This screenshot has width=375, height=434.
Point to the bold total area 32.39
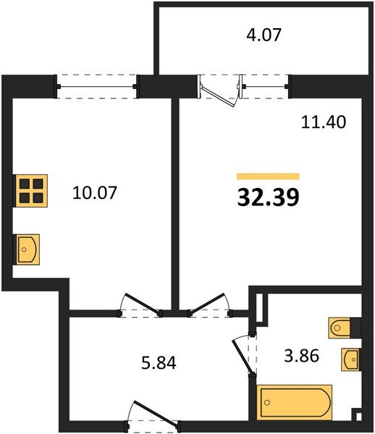point(268,196)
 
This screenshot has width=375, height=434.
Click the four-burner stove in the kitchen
point(30,190)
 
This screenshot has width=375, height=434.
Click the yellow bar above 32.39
point(268,176)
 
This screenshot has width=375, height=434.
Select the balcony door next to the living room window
point(219,90)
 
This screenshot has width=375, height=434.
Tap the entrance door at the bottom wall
point(152,415)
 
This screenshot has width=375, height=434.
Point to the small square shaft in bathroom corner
point(356,416)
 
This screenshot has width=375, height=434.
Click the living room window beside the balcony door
point(265,86)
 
